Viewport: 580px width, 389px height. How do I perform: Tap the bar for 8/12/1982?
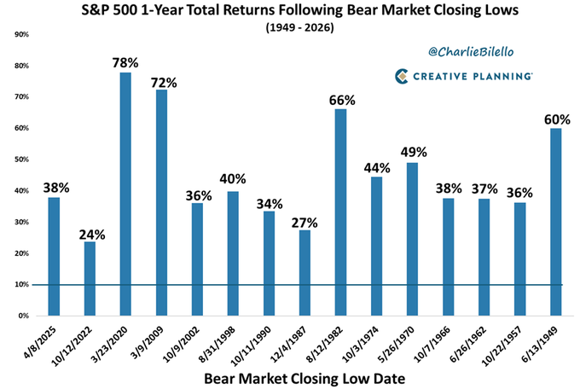pyautogui.click(x=341, y=212)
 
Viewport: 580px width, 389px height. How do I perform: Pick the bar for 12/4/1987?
pyautogui.click(x=305, y=273)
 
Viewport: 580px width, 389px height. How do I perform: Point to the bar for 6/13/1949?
pyautogui.click(x=556, y=222)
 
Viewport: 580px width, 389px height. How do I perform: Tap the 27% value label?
pyautogui.click(x=305, y=223)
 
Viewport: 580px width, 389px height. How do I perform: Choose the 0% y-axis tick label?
pyautogui.click(x=23, y=316)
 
